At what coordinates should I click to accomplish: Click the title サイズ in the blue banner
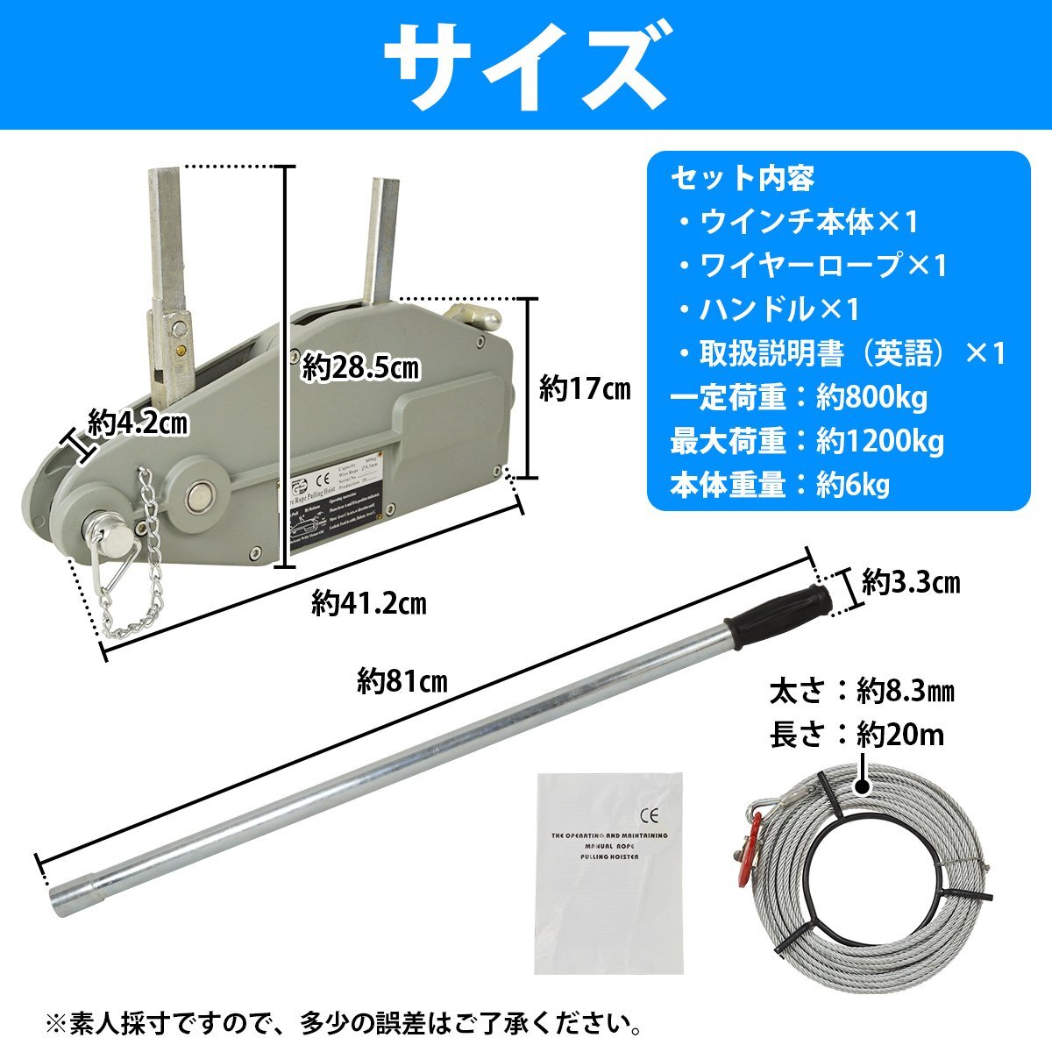pos(525,63)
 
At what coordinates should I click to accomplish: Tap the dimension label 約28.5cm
pos(361,368)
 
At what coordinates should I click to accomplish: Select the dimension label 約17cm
pos(585,388)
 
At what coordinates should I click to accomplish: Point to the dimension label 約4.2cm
pos(139,425)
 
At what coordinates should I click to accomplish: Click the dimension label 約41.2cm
pos(369,603)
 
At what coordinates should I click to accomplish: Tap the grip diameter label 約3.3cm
pos(911,582)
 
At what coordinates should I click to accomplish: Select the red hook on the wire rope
pos(750,837)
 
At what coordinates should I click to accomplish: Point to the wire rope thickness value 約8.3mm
pos(906,692)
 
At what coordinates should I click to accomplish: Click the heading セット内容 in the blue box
pos(743,179)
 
